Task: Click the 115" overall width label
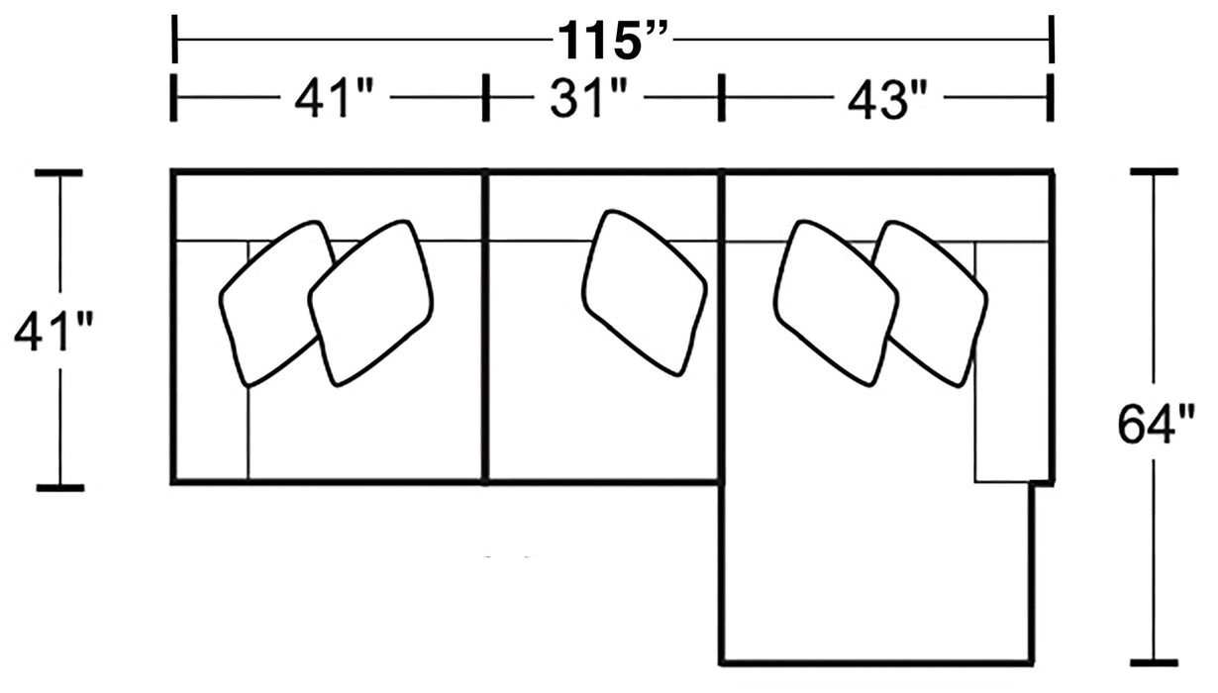tap(614, 42)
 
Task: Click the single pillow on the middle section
tap(644, 292)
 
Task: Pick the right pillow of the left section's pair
tap(371, 302)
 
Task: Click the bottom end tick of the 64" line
tap(1154, 662)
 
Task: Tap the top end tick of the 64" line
tap(1154, 171)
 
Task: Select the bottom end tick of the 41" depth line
tap(59, 487)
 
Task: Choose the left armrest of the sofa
tap(210, 361)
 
